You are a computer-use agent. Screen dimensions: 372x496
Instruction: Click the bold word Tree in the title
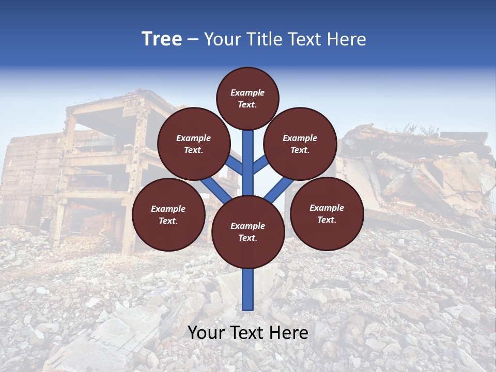tap(162, 39)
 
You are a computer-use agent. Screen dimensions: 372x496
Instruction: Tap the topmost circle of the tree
tap(247, 98)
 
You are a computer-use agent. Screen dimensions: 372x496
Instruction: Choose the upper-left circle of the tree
tap(193, 144)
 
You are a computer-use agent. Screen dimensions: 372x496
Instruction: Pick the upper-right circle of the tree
tap(300, 144)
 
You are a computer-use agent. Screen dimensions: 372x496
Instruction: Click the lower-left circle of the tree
tap(168, 214)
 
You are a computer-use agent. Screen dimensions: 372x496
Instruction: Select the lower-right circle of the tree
tap(327, 213)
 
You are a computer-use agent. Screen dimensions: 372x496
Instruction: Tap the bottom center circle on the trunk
tap(248, 232)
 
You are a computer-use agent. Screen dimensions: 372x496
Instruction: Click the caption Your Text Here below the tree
tap(248, 333)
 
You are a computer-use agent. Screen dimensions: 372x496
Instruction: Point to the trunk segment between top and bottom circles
tap(248, 163)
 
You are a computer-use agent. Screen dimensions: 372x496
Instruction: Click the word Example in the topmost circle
tap(247, 92)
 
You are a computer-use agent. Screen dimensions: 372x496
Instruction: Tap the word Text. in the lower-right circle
tap(327, 220)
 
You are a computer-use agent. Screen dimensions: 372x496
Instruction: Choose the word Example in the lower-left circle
tap(168, 209)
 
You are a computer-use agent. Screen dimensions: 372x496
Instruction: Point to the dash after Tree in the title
tap(193, 39)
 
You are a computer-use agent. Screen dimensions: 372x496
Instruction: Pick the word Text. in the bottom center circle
tap(247, 238)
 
